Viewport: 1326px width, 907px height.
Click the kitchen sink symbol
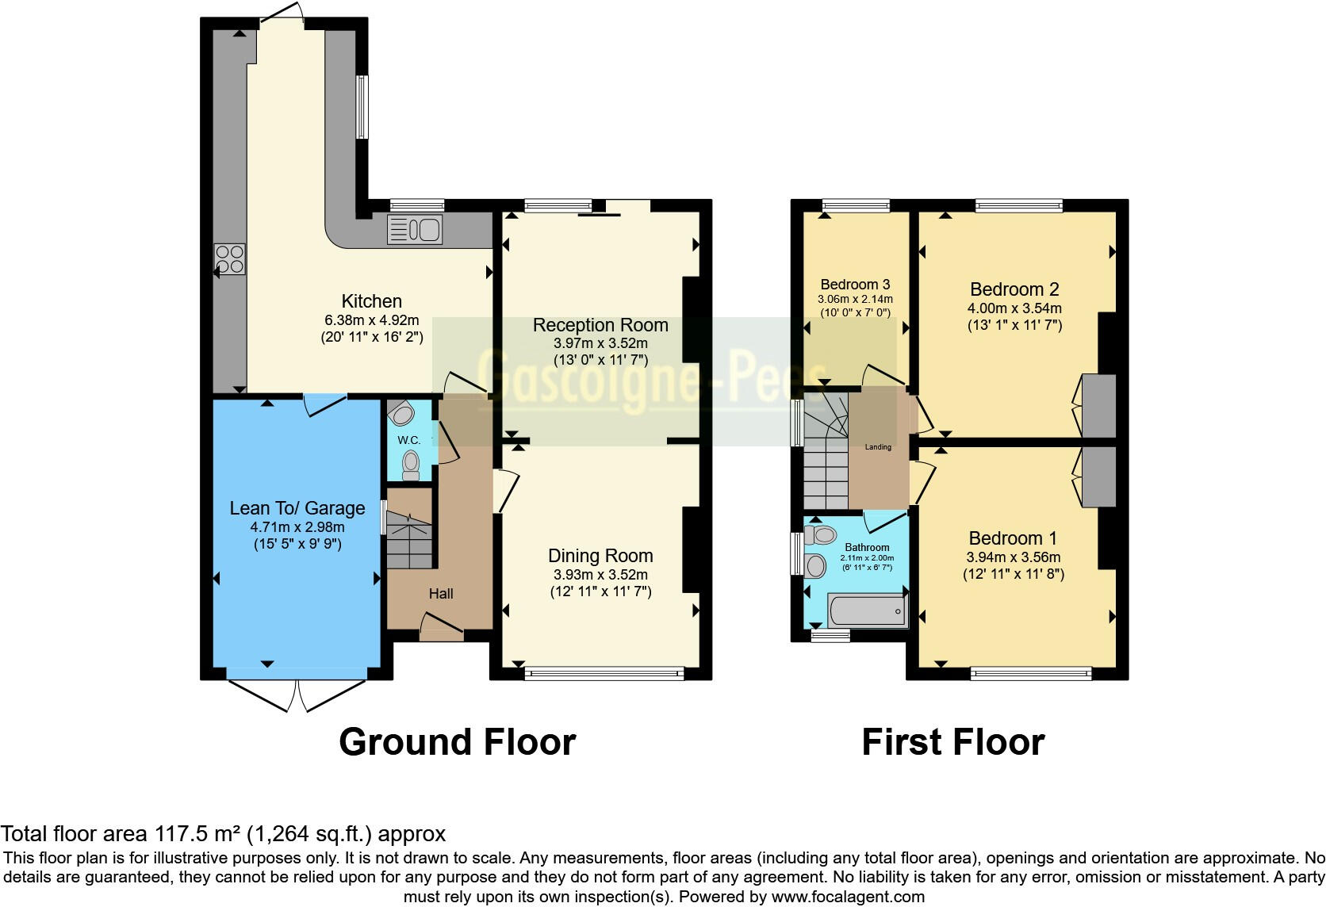pos(414,230)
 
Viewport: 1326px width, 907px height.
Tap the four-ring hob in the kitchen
pos(230,259)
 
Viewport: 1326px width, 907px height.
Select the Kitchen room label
pos(371,301)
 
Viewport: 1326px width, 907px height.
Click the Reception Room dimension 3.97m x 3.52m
pos(600,343)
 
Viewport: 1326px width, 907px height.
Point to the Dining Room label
pos(600,556)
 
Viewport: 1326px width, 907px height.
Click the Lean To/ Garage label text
pos(297,508)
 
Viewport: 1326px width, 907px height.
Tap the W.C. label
pos(408,440)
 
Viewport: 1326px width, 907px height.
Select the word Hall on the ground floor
pos(441,594)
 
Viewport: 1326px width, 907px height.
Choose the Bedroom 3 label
pos(855,285)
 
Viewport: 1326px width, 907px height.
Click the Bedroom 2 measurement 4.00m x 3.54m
pos(1014,308)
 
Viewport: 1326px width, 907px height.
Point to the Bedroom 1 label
pos(1014,538)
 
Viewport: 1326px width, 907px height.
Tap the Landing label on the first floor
pos(878,447)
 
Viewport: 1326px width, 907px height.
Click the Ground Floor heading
pos(457,742)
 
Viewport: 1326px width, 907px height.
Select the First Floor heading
pos(952,742)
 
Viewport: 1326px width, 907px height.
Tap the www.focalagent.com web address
pos(848,897)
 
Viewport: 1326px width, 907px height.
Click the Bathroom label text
pos(867,548)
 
